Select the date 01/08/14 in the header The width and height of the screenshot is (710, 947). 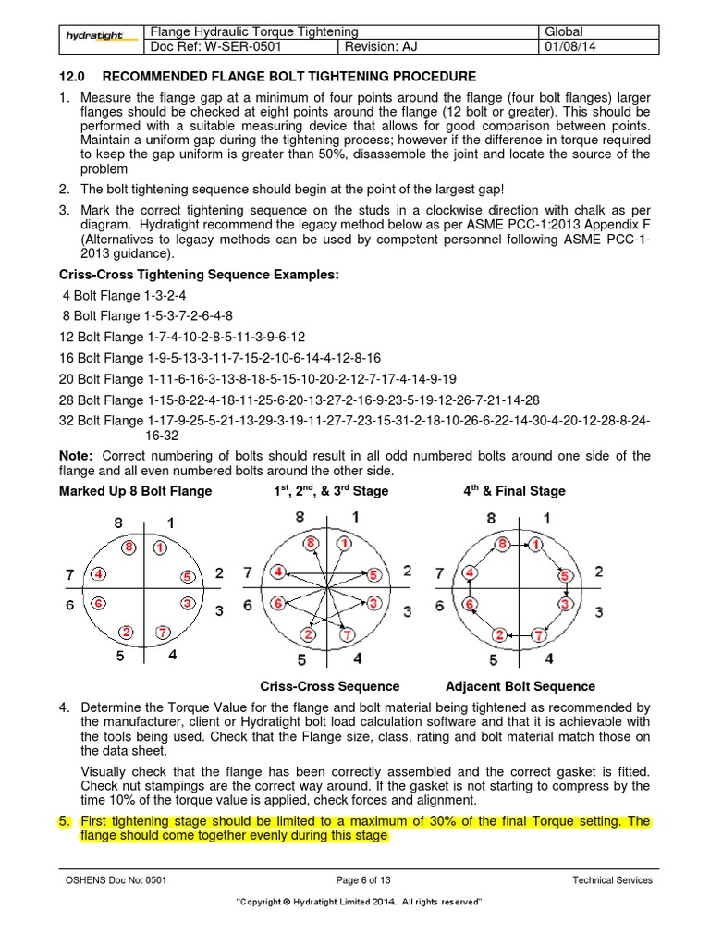[x=576, y=48]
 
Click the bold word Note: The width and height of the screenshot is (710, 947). [x=76, y=456]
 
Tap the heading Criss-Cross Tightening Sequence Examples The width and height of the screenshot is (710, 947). [x=199, y=275]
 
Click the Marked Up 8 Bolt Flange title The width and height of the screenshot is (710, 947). [x=135, y=491]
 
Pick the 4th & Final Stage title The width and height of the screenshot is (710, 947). [x=514, y=491]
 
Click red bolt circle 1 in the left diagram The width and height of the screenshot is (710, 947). [x=159, y=547]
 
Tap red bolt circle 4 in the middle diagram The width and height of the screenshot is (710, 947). [x=277, y=573]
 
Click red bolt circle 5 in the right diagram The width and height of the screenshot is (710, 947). [x=562, y=575]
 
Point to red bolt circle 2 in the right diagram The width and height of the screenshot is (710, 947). [x=500, y=634]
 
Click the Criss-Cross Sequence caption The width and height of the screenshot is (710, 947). [x=330, y=686]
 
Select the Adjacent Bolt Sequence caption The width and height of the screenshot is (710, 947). [x=520, y=686]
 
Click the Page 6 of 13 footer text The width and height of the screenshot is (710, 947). [x=355, y=880]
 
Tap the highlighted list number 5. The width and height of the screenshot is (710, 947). [x=64, y=821]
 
